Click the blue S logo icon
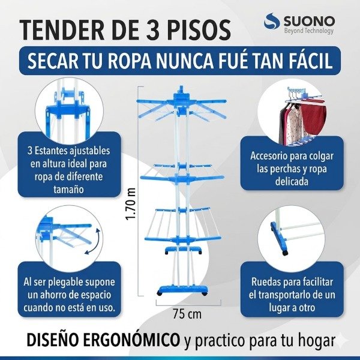273,25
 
